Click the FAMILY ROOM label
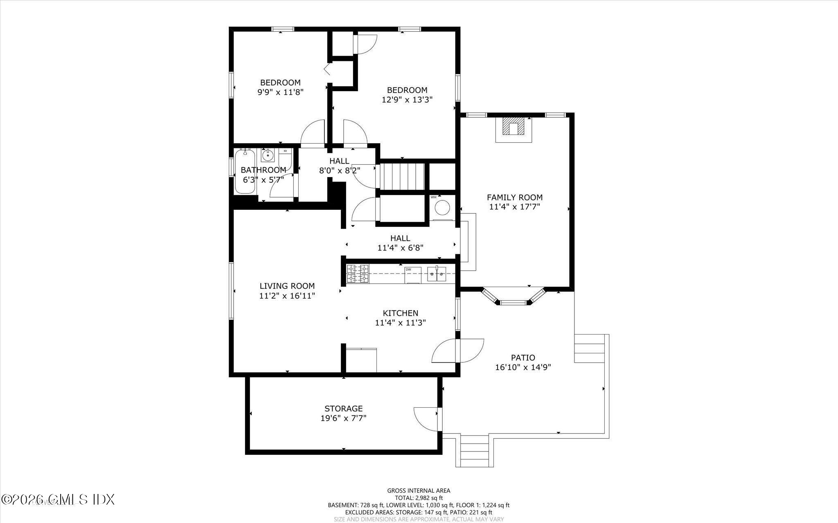[x=514, y=197]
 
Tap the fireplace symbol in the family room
[x=514, y=128]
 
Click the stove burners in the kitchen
[x=358, y=274]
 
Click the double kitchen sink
[x=437, y=274]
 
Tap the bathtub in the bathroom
[x=245, y=172]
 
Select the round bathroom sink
[x=268, y=155]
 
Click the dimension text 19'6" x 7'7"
[x=343, y=418]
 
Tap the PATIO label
[x=523, y=357]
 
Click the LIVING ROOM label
[x=287, y=286]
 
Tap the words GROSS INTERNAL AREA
[x=419, y=491]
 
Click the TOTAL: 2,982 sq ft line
[x=419, y=498]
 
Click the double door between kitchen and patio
[x=458, y=351]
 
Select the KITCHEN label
[x=400, y=313]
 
